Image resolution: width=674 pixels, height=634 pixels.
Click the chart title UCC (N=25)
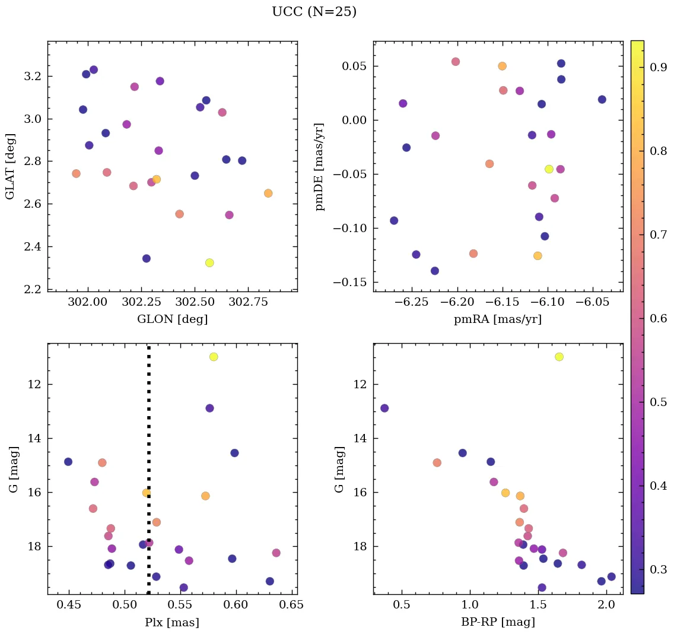click(x=314, y=12)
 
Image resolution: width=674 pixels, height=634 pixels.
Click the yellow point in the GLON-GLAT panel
click(x=209, y=262)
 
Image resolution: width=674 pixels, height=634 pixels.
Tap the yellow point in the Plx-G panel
click(x=214, y=357)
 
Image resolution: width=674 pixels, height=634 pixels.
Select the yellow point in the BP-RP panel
click(x=559, y=357)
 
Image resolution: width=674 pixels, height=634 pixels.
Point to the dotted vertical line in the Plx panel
click(x=148, y=451)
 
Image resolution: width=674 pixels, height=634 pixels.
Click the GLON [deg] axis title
click(x=172, y=319)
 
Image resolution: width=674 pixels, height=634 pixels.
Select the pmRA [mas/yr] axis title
click(x=498, y=319)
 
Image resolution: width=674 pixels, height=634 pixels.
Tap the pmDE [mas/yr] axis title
click(x=320, y=166)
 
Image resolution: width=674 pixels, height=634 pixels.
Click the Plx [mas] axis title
click(x=172, y=622)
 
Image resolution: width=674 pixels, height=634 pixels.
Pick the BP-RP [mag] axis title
click(x=498, y=622)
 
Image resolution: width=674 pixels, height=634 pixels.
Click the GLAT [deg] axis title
click(x=10, y=166)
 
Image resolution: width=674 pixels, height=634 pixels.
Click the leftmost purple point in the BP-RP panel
click(x=384, y=408)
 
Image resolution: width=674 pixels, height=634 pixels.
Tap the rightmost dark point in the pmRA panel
click(x=602, y=99)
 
